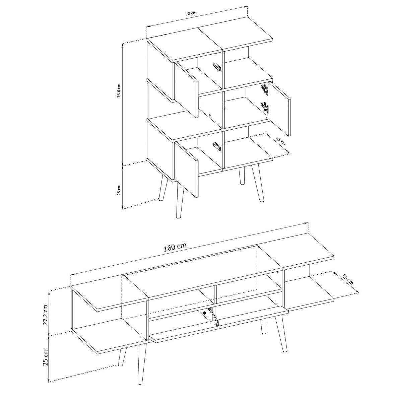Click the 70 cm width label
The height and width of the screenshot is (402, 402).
pos(191,13)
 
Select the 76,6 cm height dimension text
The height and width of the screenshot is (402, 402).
pos(119,91)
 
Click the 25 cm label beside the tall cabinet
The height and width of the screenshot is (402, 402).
pos(119,190)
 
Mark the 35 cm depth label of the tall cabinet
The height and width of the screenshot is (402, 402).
pos(281,141)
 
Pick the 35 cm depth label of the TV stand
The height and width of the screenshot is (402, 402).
pos(347,279)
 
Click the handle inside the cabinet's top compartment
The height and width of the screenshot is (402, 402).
pos(217,67)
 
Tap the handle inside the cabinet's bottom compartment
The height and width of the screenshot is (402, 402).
pos(217,146)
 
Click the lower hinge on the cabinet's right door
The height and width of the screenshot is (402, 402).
pos(265,107)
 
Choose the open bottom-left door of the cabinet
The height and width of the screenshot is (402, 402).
pos(186,169)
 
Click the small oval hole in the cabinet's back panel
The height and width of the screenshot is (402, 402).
pos(210,115)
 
